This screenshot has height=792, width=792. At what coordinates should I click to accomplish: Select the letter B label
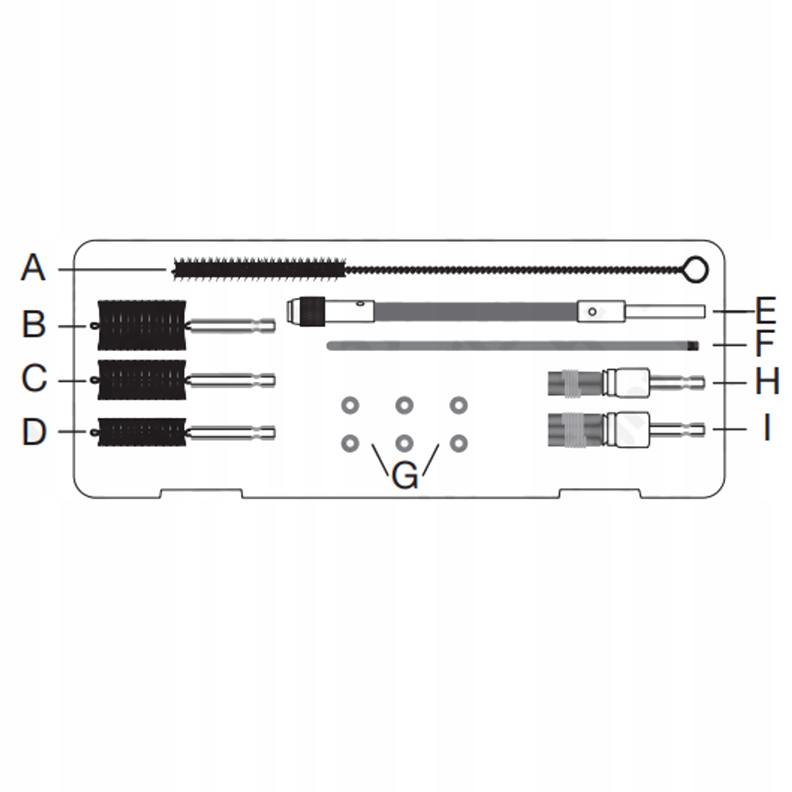(x=34, y=324)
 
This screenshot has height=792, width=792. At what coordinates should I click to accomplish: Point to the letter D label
(x=34, y=431)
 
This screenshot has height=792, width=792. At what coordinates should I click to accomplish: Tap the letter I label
(x=767, y=427)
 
